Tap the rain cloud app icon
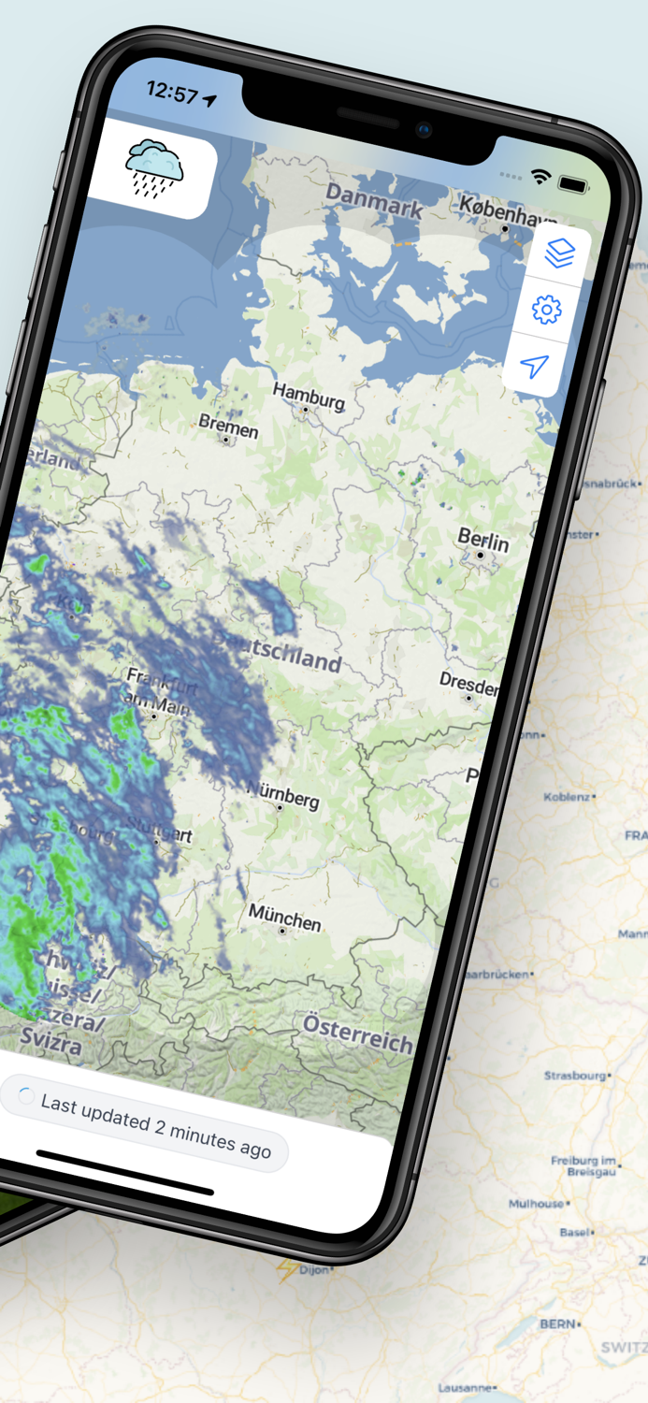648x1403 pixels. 155,167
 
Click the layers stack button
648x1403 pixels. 559,253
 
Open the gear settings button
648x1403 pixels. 546,310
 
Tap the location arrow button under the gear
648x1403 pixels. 534,367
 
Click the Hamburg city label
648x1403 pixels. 309,397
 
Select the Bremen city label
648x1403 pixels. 228,427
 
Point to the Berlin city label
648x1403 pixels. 483,541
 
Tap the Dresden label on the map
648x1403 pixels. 469,683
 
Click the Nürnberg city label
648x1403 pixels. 282,795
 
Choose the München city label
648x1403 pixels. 285,918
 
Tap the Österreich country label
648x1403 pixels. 357,1033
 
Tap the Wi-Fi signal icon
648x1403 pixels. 540,175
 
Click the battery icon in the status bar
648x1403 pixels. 572,184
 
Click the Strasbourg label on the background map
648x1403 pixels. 575,1076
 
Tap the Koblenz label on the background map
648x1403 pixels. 567,797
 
